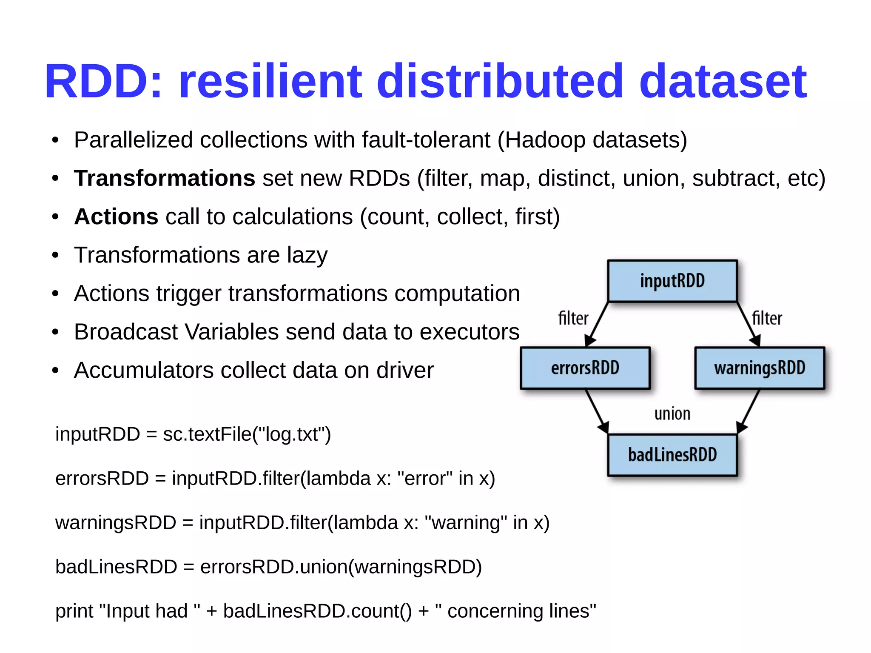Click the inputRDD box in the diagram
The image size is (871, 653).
tap(672, 281)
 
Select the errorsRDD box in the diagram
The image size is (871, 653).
tap(585, 368)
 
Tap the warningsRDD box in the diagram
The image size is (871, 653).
tap(760, 368)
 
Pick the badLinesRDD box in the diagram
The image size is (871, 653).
tap(672, 455)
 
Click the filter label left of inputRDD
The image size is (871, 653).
tap(573, 318)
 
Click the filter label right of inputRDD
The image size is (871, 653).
tap(767, 318)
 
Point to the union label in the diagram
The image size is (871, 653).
tap(672, 413)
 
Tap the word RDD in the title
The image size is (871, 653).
tap(98, 81)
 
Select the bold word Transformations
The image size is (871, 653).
tap(164, 178)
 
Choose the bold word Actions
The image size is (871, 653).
tap(116, 217)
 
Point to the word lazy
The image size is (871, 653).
tap(307, 255)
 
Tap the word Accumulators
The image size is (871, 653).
tap(143, 370)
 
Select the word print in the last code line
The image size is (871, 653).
tap(74, 611)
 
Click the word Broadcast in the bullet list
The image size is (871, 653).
tap(125, 332)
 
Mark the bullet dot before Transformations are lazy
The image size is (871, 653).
tap(55, 256)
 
